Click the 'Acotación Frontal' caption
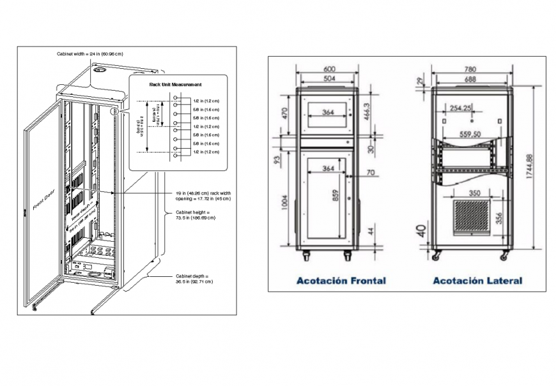click(x=341, y=280)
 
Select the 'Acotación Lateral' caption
click(x=477, y=280)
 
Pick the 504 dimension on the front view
click(x=329, y=78)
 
